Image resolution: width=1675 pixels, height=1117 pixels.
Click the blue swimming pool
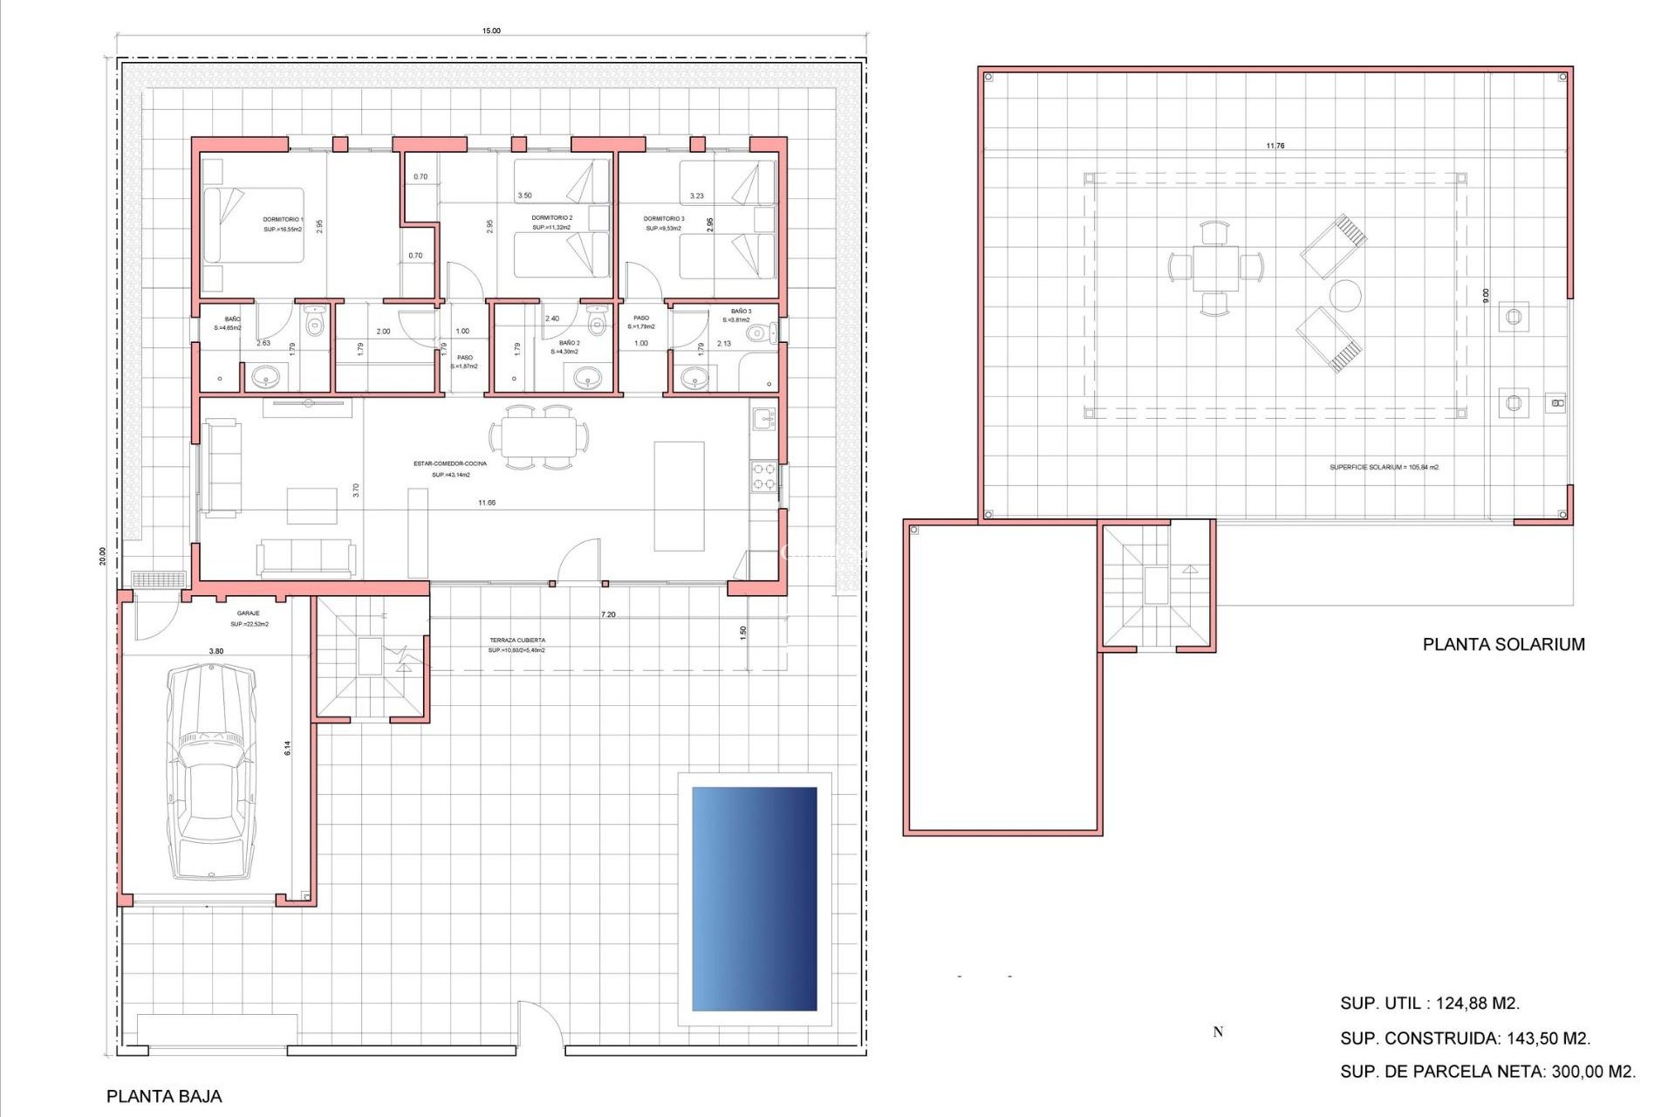[755, 899]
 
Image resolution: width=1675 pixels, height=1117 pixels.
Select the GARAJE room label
[248, 613]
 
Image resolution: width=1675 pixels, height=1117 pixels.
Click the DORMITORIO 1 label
[283, 220]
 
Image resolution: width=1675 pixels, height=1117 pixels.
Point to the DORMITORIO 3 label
[664, 219]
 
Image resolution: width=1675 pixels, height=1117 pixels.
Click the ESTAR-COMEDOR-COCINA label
[450, 463]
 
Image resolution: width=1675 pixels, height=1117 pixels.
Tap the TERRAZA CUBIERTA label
[517, 641]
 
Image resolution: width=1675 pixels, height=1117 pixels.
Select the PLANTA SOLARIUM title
[1503, 644]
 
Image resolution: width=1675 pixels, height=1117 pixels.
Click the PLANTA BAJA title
[164, 1096]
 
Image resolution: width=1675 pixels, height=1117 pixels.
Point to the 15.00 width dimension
[491, 31]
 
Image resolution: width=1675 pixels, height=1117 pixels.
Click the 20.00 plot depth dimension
[103, 556]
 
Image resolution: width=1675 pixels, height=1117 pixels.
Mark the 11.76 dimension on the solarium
[1275, 146]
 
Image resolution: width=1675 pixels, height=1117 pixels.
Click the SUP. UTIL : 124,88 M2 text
[1429, 1004]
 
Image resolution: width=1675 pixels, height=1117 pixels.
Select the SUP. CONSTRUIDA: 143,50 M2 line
[1465, 1038]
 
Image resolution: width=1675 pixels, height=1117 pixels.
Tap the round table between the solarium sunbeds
[1345, 296]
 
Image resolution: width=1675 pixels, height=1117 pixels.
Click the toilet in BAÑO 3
[761, 332]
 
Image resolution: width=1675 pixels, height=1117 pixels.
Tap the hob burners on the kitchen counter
[764, 476]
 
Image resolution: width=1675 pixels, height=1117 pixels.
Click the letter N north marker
[1218, 1032]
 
